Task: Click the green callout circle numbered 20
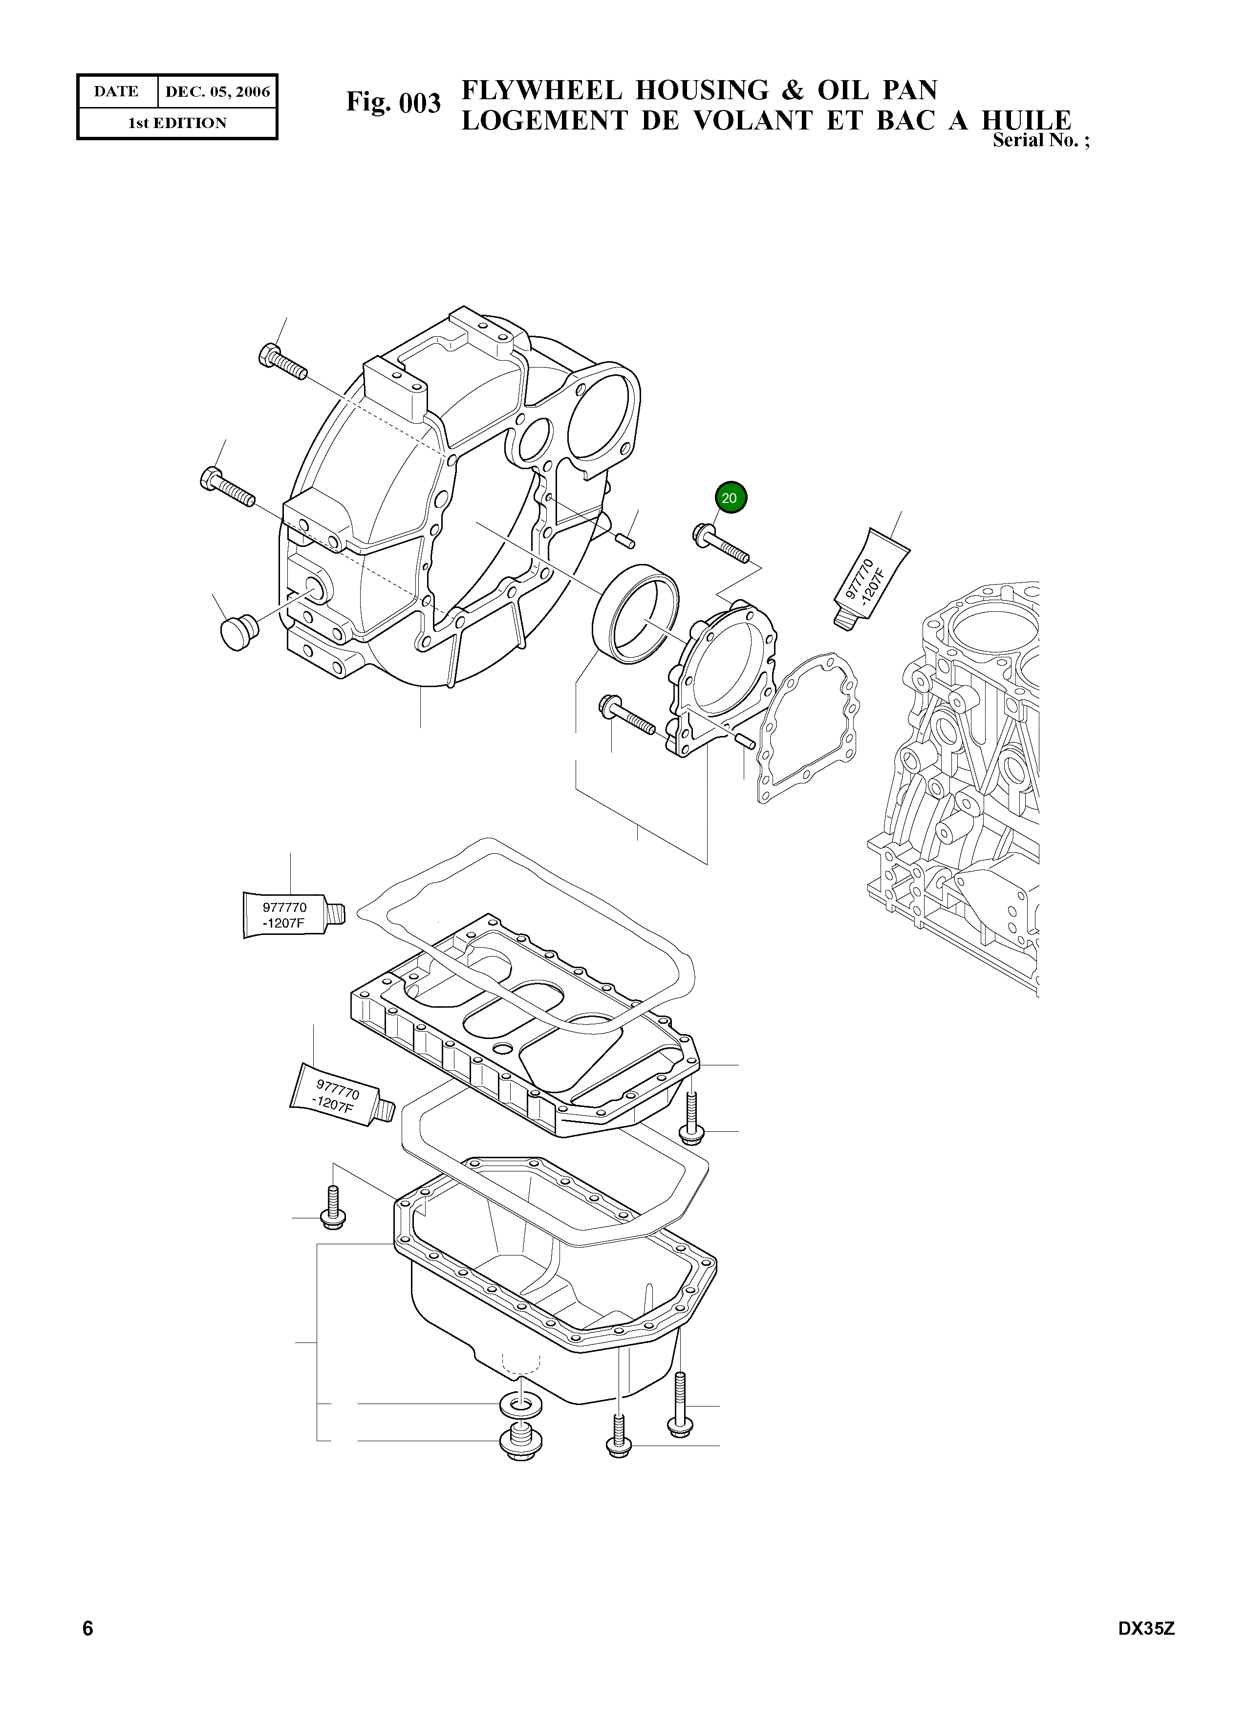(x=730, y=498)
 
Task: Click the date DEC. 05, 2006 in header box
(x=217, y=92)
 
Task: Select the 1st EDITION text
(x=177, y=123)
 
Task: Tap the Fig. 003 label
(x=393, y=102)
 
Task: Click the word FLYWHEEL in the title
(x=541, y=91)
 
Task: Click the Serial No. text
(x=1041, y=141)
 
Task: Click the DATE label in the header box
(x=116, y=92)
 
